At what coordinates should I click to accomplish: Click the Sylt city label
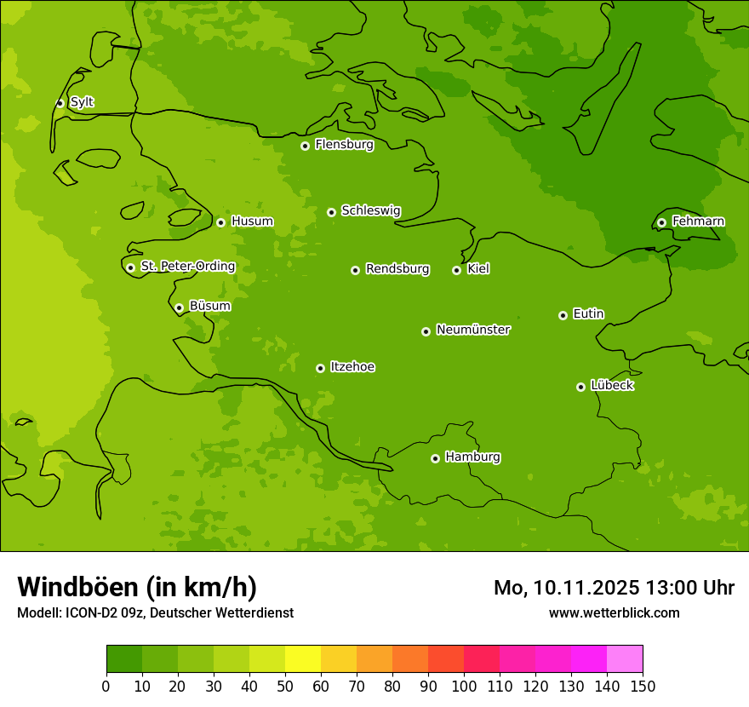pyautogui.click(x=82, y=102)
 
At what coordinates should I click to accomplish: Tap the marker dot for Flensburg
pyautogui.click(x=305, y=146)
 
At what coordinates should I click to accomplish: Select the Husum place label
pyautogui.click(x=252, y=221)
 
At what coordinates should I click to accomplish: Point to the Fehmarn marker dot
pyautogui.click(x=661, y=222)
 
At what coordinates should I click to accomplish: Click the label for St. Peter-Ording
pyautogui.click(x=187, y=267)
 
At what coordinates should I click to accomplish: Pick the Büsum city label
pyautogui.click(x=209, y=306)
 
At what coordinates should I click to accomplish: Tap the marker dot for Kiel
pyautogui.click(x=456, y=270)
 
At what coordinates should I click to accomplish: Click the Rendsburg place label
pyautogui.click(x=397, y=269)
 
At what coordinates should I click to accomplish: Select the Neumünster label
pyautogui.click(x=472, y=330)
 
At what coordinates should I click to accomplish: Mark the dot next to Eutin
pyautogui.click(x=563, y=315)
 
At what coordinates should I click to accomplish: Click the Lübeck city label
pyautogui.click(x=612, y=385)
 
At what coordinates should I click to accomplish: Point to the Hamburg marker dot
pyautogui.click(x=435, y=458)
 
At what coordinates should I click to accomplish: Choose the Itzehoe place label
pyautogui.click(x=352, y=367)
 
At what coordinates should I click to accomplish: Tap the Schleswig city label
pyautogui.click(x=370, y=210)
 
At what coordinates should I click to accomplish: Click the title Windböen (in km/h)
pyautogui.click(x=137, y=587)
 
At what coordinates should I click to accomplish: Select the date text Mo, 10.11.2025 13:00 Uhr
pyautogui.click(x=614, y=588)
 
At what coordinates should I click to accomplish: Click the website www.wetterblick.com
pyautogui.click(x=614, y=612)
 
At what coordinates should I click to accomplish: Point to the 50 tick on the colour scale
pyautogui.click(x=285, y=686)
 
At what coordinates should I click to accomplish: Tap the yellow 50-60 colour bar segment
pyautogui.click(x=303, y=659)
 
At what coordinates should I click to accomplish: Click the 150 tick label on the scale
pyautogui.click(x=643, y=686)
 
